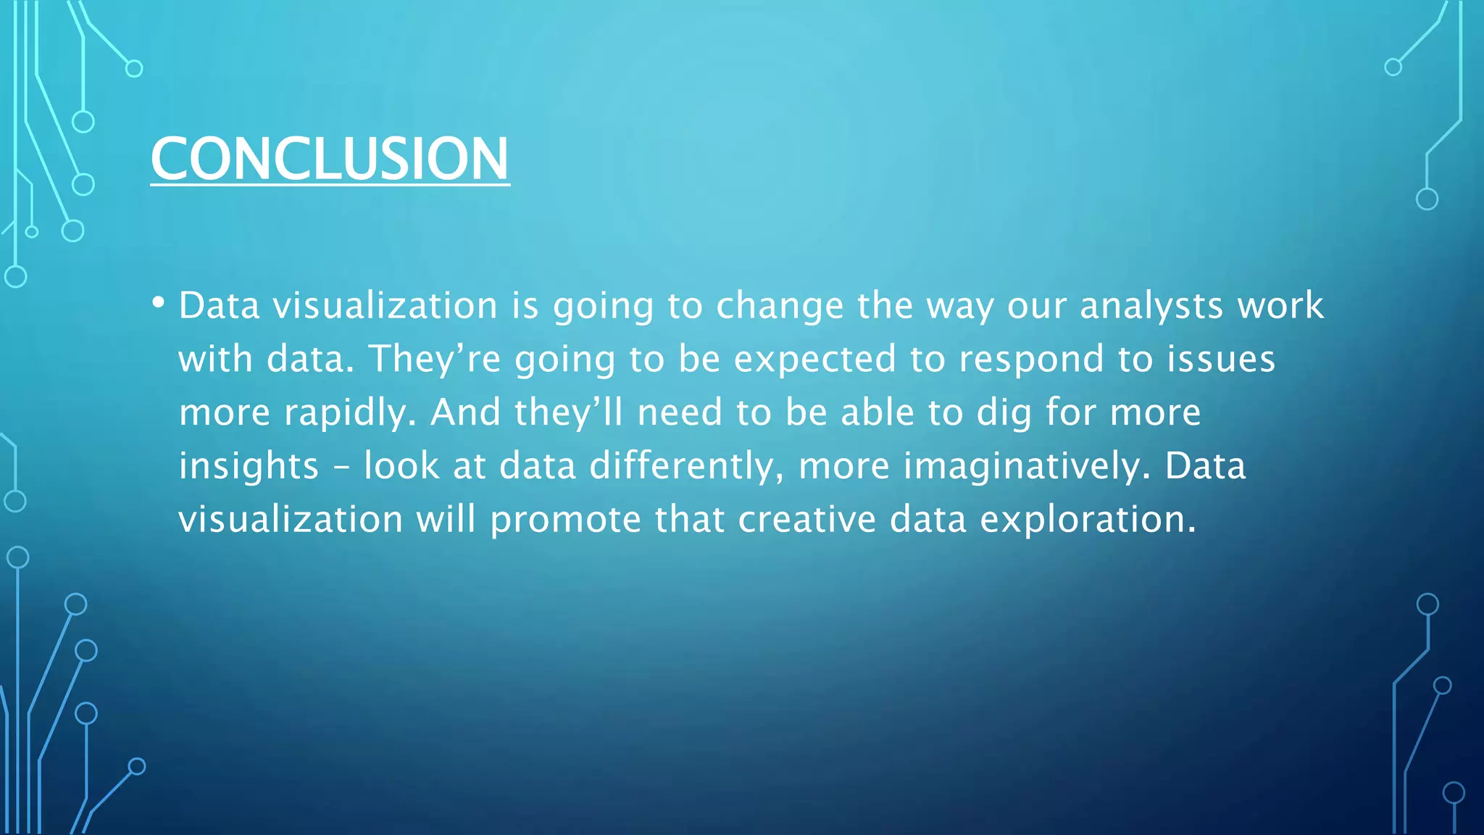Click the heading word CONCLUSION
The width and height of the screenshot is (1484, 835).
tap(330, 159)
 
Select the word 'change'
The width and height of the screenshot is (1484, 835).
tap(779, 306)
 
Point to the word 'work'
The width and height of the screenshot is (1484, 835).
tap(1280, 306)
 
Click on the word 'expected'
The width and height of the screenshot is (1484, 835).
tap(815, 360)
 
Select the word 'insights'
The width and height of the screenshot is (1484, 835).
tap(249, 466)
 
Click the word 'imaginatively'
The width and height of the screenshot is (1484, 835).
tap(1026, 466)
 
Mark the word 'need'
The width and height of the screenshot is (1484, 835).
tap(680, 413)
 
